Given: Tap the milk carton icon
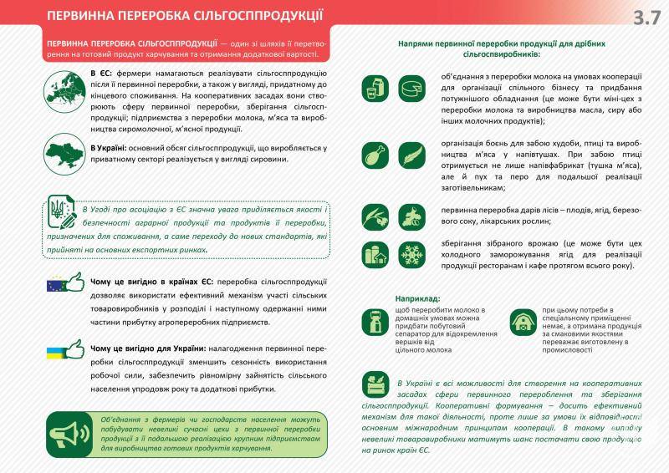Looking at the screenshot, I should pos(375,88).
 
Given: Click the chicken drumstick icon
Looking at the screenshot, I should pos(375,154).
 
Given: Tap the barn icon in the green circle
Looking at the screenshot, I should pos(523,321).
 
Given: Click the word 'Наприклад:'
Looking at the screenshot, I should pos(418,298).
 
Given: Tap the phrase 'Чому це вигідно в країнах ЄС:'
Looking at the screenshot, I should pos(151,282).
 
